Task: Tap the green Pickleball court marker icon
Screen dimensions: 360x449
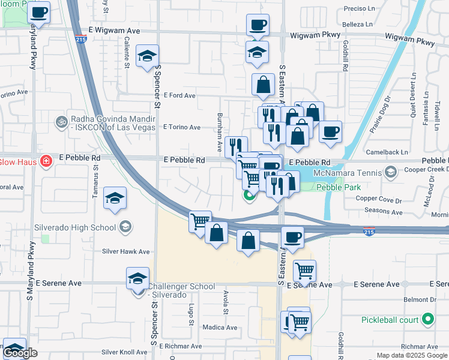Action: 427,319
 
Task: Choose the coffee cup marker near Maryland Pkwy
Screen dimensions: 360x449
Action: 39,12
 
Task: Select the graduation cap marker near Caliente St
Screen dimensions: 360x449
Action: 147,57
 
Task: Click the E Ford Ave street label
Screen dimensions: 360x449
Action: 179,95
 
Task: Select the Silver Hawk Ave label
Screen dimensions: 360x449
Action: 125,252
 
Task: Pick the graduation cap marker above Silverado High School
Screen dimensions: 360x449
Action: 115,199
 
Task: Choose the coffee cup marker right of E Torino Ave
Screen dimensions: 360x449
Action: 330,132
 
